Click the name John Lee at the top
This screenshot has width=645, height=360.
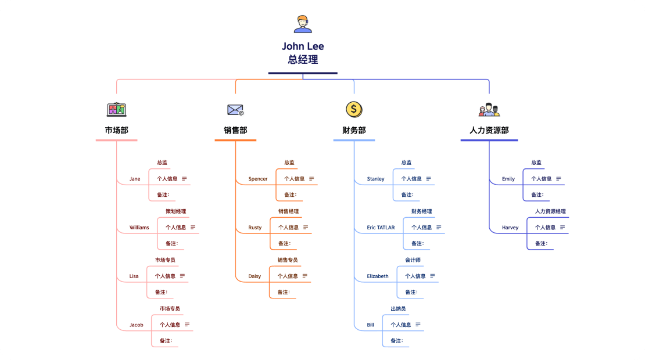click(303, 46)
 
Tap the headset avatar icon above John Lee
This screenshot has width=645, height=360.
click(303, 24)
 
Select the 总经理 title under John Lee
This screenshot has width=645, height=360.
click(303, 60)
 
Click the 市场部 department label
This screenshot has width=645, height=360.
click(116, 130)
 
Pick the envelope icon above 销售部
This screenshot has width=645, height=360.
click(235, 110)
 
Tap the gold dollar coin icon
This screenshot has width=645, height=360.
click(354, 109)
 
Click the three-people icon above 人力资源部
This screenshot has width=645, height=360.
click(489, 110)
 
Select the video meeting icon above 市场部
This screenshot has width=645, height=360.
click(116, 110)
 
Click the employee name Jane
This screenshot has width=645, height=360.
click(135, 179)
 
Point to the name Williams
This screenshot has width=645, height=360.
click(139, 228)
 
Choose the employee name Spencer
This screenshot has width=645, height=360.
click(258, 179)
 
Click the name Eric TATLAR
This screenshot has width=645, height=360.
click(381, 228)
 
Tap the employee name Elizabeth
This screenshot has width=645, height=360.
click(378, 276)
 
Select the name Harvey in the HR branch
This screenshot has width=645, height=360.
click(510, 228)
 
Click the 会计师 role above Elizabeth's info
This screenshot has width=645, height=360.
click(413, 260)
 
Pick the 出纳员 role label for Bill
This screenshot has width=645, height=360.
click(398, 308)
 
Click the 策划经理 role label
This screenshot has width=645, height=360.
click(175, 211)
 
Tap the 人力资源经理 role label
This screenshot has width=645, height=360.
click(550, 211)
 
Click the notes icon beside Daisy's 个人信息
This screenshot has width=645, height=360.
click(305, 276)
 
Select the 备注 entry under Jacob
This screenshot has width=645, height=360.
click(166, 341)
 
